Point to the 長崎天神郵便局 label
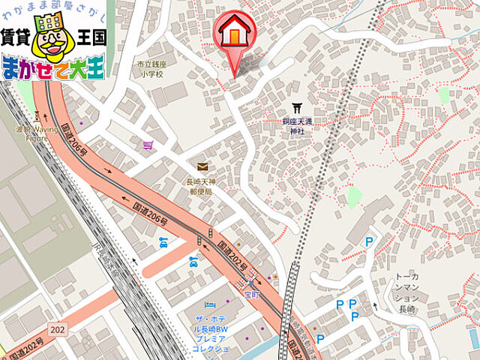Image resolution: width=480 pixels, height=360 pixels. pos(200,186)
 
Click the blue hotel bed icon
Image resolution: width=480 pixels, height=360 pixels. pos(210,305)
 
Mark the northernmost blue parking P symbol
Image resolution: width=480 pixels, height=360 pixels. pos(368,241)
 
